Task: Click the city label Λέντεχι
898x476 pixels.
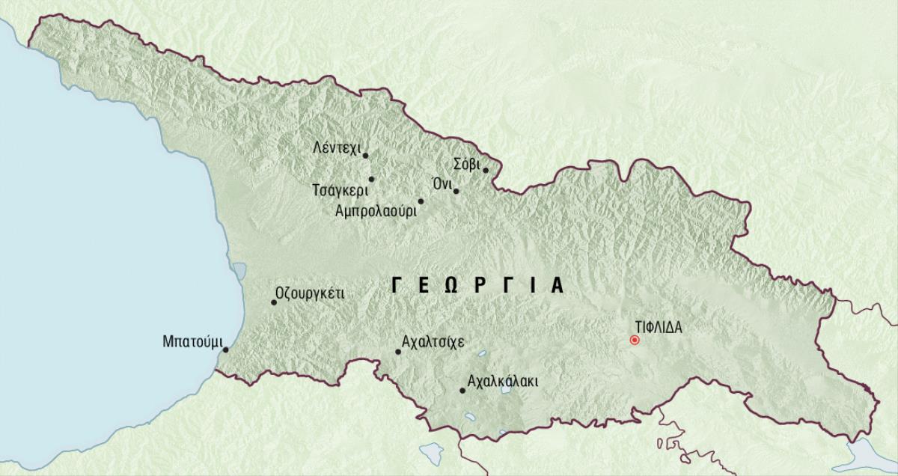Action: (336, 147)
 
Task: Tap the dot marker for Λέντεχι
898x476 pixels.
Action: (365, 156)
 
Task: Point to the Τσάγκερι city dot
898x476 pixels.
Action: (371, 179)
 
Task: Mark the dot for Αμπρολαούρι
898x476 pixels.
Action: (421, 201)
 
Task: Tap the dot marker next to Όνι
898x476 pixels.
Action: (456, 191)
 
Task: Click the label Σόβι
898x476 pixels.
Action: (467, 162)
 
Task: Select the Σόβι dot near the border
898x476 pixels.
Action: (486, 170)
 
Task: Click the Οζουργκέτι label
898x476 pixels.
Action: (310, 293)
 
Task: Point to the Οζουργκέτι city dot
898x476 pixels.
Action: (273, 302)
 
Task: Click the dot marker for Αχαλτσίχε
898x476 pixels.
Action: (398, 351)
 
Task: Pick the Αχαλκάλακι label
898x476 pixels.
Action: (501, 382)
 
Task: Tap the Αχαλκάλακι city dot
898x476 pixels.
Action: (462, 391)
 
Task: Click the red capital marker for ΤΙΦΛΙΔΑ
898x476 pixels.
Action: (635, 340)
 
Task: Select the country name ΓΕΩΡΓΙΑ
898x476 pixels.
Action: (477, 285)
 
